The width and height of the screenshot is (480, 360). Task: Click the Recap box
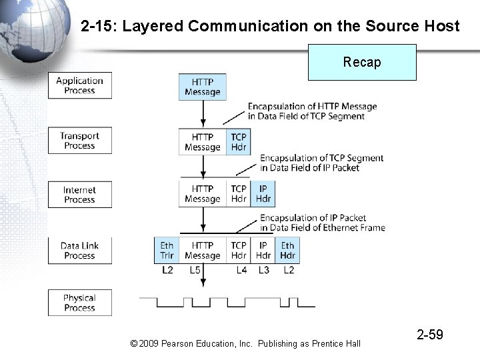(x=362, y=62)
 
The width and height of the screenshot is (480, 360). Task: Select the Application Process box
(x=80, y=85)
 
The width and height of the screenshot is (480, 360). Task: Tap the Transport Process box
(x=80, y=141)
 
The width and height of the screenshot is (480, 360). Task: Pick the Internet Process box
(x=80, y=195)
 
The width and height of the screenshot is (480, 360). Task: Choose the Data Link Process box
(x=80, y=250)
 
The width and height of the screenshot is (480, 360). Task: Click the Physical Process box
(x=80, y=303)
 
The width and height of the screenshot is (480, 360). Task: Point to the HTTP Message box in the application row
(x=203, y=87)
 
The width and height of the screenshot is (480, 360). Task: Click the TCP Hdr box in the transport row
(x=238, y=142)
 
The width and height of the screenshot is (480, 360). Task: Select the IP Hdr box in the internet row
(x=263, y=193)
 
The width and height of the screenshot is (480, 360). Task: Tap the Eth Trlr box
(x=167, y=250)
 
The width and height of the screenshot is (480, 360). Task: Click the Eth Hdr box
(x=287, y=250)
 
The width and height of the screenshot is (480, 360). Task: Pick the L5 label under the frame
(x=195, y=270)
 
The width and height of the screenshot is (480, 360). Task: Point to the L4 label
(x=241, y=270)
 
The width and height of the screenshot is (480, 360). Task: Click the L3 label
(x=263, y=270)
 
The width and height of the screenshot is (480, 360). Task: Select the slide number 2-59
(x=430, y=335)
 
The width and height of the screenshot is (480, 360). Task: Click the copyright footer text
(x=245, y=343)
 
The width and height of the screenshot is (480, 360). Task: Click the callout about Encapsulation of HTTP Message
(x=312, y=111)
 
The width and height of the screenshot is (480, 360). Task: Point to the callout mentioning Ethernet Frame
(x=323, y=223)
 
